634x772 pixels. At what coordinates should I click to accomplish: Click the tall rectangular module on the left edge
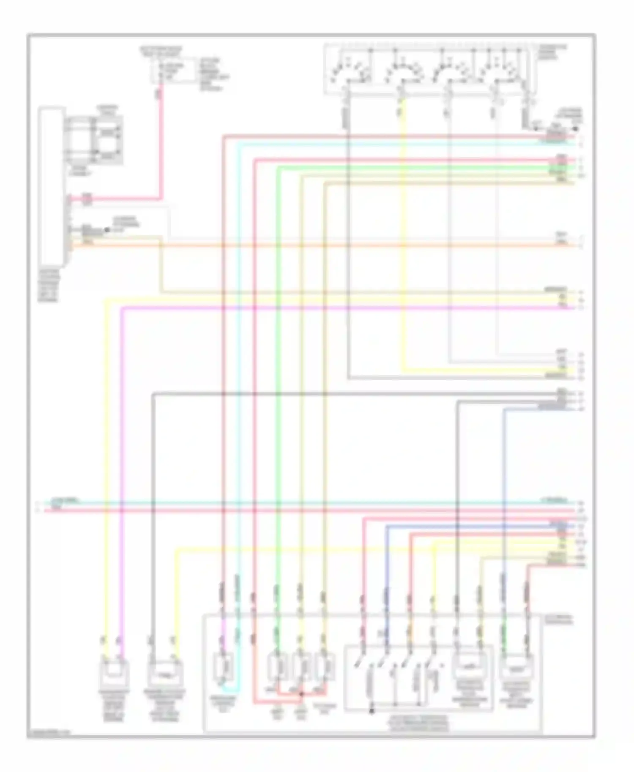[51, 186]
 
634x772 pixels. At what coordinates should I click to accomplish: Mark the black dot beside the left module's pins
[107, 230]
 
